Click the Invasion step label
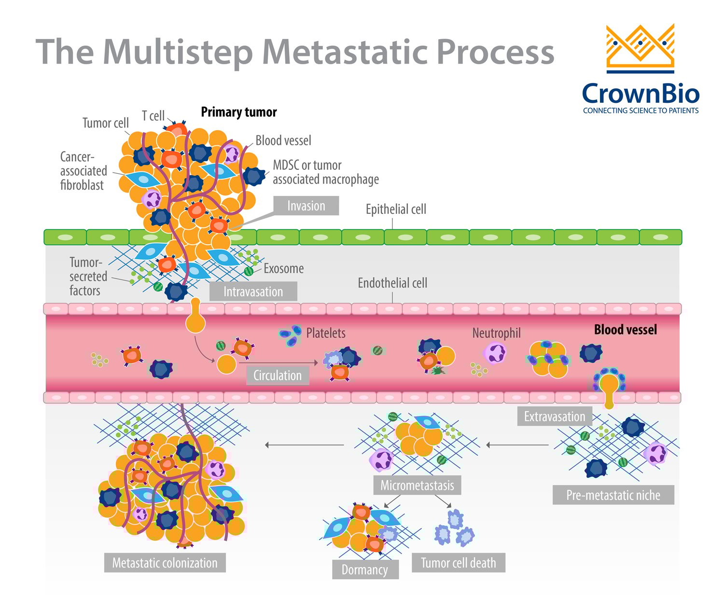pos(306,206)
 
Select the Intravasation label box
pos(253,292)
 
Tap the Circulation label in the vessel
pos(277,375)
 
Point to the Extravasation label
pos(554,417)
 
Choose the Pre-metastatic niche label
pos(613,495)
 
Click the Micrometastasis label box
pos(417,485)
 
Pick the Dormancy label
pos(365,569)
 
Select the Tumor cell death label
pos(458,563)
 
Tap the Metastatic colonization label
pos(165,563)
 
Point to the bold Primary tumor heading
pos(238,112)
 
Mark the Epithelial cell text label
pos(396,209)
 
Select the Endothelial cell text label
pos(392,283)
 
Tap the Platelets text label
pos(326,333)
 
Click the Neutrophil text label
pos(496,333)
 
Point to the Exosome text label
pos(284,269)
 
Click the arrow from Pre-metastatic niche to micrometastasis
pos(517,445)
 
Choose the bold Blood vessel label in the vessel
pos(625,330)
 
